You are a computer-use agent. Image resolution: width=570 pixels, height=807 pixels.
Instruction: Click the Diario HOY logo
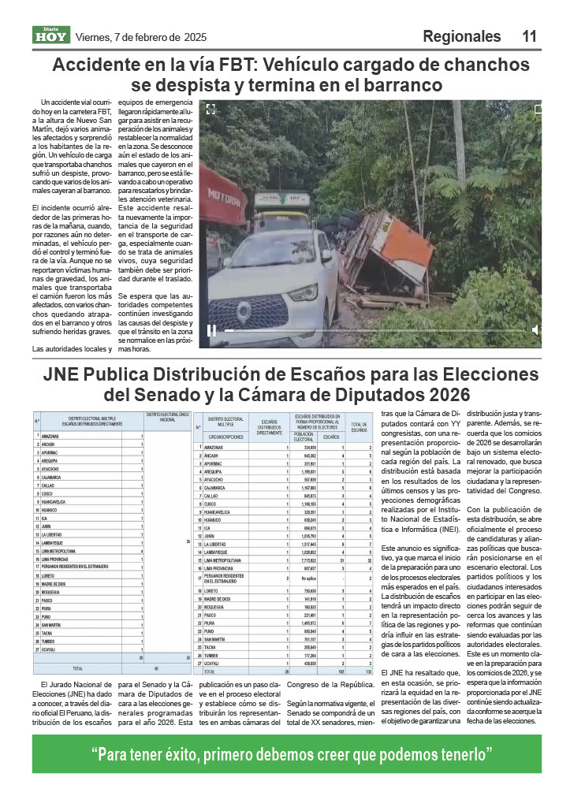click(x=51, y=35)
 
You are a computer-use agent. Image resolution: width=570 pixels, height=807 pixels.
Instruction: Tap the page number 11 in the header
click(x=529, y=36)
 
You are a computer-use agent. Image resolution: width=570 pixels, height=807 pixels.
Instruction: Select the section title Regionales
click(x=461, y=36)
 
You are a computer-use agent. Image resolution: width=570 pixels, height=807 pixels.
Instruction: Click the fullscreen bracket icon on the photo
click(x=210, y=110)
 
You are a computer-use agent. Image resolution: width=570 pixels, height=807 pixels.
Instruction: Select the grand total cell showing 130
click(x=359, y=671)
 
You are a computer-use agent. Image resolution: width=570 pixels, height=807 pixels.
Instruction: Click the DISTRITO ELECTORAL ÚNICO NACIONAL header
click(x=167, y=417)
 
